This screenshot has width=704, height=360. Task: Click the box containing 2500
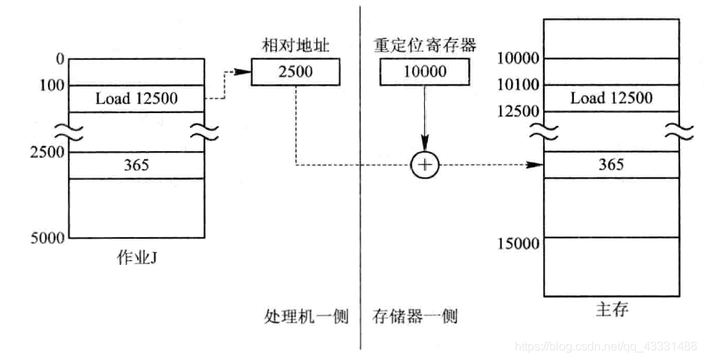pos(295,73)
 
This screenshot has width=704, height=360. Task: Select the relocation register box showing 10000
pos(424,73)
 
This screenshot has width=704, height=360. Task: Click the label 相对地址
pos(296,44)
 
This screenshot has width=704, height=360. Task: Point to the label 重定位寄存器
pos(424,44)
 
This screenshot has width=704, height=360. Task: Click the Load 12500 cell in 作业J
pos(136,99)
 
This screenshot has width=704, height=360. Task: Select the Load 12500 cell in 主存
pos(611,98)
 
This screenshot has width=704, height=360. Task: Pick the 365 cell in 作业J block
pos(136,165)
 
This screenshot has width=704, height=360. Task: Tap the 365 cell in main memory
pos(611,165)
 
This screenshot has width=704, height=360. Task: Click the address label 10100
pos(518,85)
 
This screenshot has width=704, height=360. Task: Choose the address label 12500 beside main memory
pos(518,112)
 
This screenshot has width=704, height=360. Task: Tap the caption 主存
pos(611,310)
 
